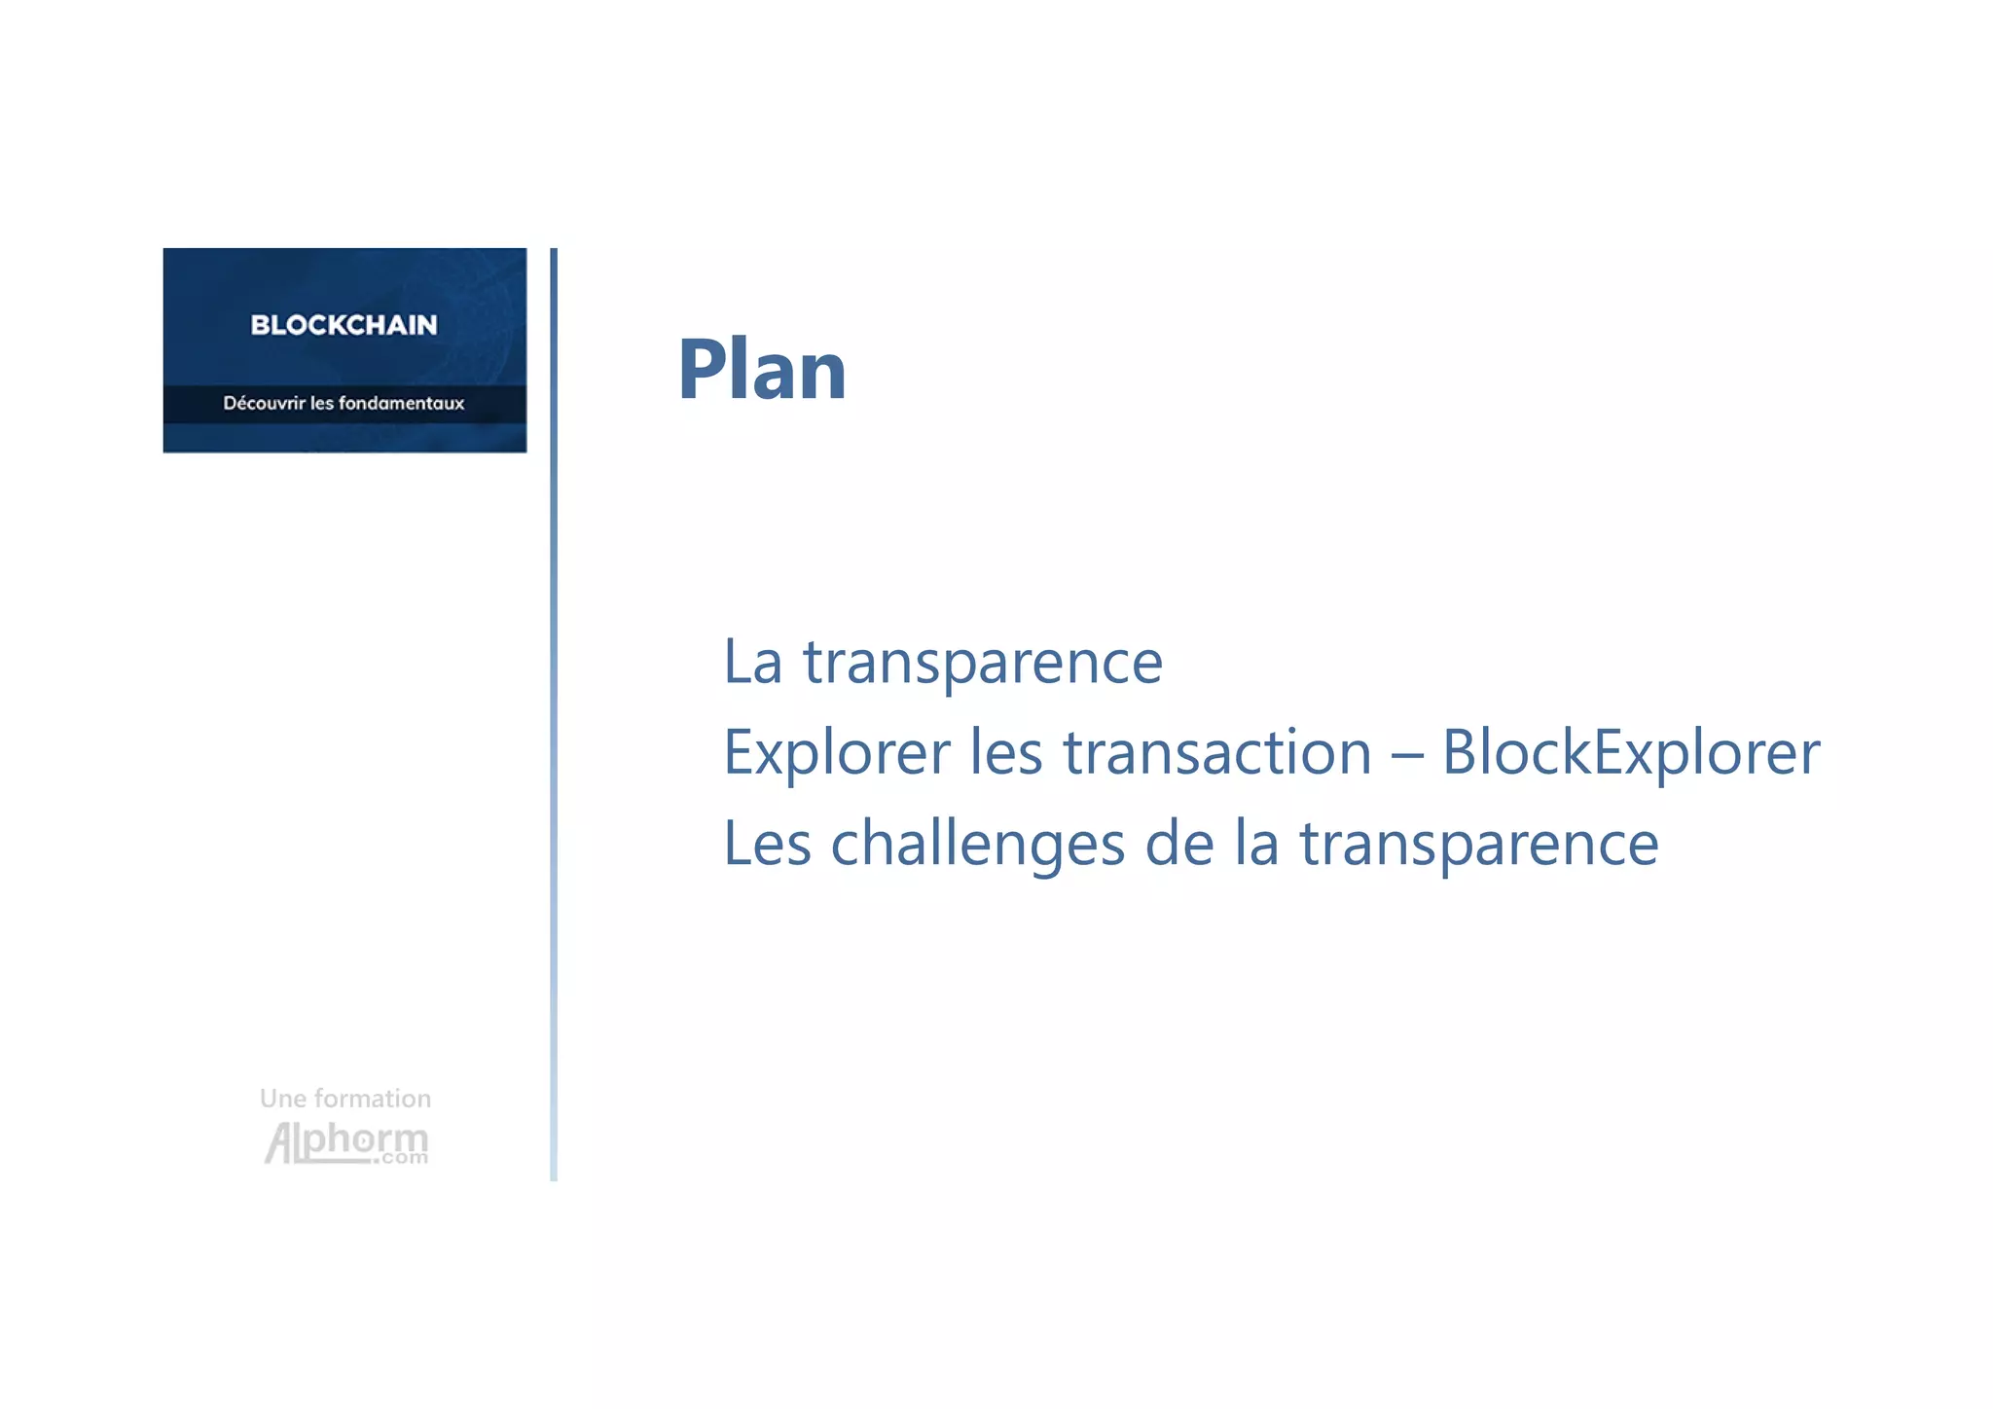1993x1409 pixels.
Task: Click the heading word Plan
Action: [x=762, y=370]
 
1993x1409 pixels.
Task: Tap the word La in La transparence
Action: [x=752, y=662]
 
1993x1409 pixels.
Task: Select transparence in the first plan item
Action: [x=982, y=664]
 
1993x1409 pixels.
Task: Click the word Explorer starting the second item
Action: [x=836, y=753]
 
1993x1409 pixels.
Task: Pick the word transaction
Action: [x=1216, y=753]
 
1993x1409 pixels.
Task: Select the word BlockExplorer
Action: [x=1630, y=753]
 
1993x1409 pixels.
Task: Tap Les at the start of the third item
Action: [x=767, y=844]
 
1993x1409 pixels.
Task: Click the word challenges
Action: [x=977, y=844]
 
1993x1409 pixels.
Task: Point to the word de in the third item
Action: [x=1179, y=844]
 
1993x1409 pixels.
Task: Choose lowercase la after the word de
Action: [x=1256, y=844]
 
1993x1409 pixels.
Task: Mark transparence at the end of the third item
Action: [x=1479, y=846]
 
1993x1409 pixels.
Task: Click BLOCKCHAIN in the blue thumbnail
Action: [x=344, y=325]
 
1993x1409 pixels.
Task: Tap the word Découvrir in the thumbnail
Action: [x=264, y=403]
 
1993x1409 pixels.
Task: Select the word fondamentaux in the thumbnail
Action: [x=401, y=403]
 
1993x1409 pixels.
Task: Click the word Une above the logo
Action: [x=282, y=1099]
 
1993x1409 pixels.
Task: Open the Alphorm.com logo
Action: [x=346, y=1142]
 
